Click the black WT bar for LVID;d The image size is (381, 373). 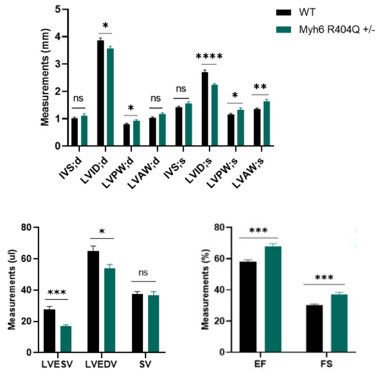click(101, 94)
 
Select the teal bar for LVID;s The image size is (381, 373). click(214, 116)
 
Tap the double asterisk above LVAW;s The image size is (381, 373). click(260, 88)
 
